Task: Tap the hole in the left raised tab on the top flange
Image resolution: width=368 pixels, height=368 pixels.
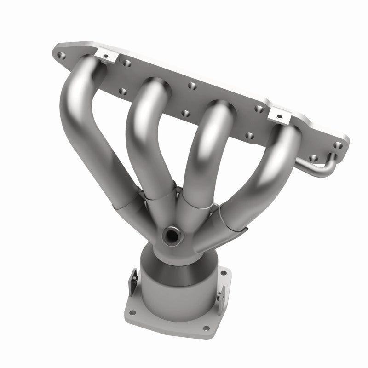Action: [x=105, y=57]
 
